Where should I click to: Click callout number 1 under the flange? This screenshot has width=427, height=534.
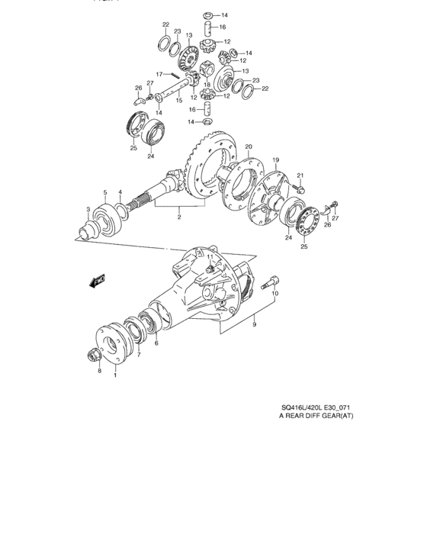(116, 374)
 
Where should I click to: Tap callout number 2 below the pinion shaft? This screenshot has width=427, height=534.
(178, 216)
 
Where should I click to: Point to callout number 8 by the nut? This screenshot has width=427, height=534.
(99, 372)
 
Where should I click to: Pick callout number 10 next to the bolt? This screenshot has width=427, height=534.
(276, 292)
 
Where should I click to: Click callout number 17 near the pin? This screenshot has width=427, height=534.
(159, 74)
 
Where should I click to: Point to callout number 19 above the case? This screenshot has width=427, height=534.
(276, 159)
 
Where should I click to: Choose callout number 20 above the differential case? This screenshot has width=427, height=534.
(248, 146)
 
